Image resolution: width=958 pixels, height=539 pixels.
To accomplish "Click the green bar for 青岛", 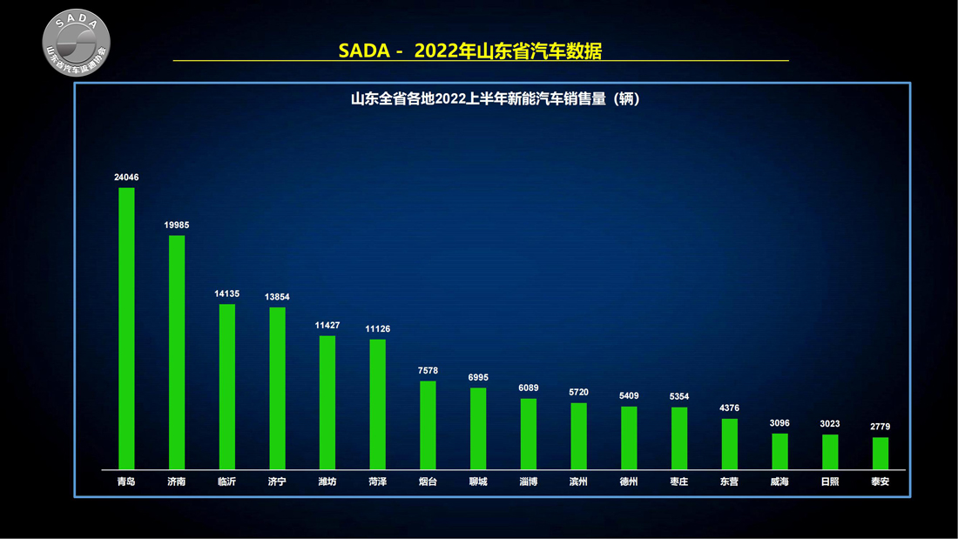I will tap(126, 328).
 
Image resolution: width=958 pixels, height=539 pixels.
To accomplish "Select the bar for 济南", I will tap(177, 352).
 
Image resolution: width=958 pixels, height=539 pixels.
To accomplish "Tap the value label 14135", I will tap(226, 294).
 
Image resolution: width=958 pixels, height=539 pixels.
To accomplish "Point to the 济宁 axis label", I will tap(277, 482).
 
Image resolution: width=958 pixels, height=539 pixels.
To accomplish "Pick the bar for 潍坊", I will tap(327, 402).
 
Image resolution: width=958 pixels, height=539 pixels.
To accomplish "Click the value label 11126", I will tap(378, 328).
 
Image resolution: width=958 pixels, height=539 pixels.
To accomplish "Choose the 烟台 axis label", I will tap(428, 482).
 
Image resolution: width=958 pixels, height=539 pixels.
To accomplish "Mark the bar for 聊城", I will tap(478, 428).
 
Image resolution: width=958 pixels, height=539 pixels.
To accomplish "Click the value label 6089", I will tap(529, 388).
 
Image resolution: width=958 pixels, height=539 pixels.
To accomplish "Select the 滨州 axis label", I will tap(578, 482).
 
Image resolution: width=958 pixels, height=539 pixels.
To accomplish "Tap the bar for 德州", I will tap(629, 438).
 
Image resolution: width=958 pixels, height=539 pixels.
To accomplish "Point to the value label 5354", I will tap(679, 397).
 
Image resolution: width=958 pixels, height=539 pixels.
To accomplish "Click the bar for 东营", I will tap(730, 444).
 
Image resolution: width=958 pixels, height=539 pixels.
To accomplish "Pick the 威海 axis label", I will tap(779, 482).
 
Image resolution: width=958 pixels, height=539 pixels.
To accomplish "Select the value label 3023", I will tap(830, 424).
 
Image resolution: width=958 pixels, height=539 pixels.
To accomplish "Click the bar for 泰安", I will tap(880, 454).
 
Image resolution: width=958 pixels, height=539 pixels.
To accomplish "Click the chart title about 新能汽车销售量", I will tap(496, 99).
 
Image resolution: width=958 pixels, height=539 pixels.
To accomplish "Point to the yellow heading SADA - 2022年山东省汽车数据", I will tap(470, 51).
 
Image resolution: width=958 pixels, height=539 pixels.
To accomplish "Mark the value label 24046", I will tap(126, 178).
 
